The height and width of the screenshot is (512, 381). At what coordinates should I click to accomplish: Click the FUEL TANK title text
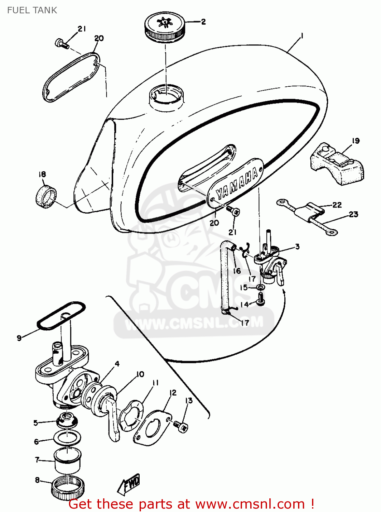(x=32, y=10)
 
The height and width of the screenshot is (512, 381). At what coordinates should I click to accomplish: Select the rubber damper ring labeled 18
(x=46, y=196)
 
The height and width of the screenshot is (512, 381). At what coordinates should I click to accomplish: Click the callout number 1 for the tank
(x=301, y=36)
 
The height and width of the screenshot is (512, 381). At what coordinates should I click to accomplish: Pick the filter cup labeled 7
(x=68, y=460)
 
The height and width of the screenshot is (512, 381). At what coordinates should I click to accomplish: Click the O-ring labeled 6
(x=67, y=437)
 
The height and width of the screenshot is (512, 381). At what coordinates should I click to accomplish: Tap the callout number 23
(x=353, y=214)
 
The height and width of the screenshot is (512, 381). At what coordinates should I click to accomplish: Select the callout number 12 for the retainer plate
(x=173, y=393)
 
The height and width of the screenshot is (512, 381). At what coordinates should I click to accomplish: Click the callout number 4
(x=117, y=364)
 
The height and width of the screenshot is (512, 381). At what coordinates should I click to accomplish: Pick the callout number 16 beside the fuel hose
(x=237, y=271)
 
